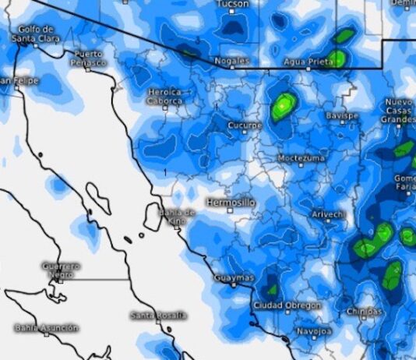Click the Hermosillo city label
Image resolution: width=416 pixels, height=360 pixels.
230,202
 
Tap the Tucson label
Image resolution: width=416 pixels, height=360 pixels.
233,4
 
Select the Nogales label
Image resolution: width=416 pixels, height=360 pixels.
232,60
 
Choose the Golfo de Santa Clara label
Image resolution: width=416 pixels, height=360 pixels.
36,34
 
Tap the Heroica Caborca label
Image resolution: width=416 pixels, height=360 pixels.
165,96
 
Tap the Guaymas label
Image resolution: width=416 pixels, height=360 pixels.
234,277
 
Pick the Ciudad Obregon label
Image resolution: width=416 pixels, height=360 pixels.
287,305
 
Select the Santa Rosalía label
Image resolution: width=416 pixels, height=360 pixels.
159,315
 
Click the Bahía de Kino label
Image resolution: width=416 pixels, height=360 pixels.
177,216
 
